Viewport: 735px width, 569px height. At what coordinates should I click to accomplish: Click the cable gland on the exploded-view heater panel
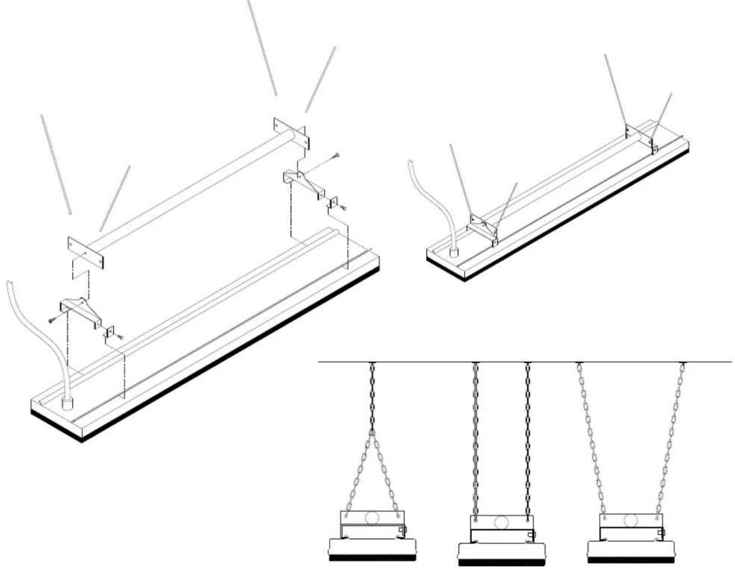[68, 402]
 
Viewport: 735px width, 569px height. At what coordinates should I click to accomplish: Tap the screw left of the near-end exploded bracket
[52, 321]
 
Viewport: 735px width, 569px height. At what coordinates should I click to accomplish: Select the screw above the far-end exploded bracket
[335, 156]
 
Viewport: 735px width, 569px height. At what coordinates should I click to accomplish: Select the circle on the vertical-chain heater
[501, 523]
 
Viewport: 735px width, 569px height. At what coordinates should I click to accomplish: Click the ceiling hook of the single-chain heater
[372, 365]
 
